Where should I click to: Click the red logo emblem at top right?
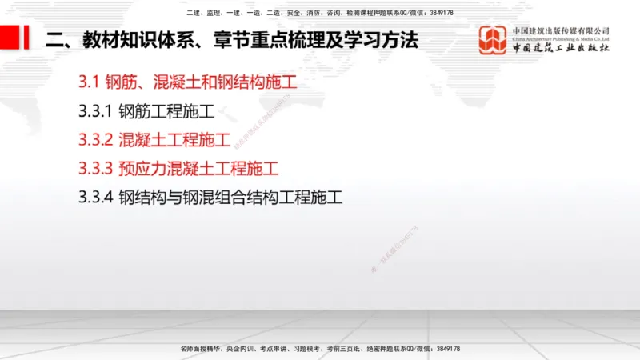point(493,40)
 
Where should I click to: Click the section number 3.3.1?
point(95,110)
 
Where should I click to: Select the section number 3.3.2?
point(95,139)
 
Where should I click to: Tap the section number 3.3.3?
point(95,169)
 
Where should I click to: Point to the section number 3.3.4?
point(95,198)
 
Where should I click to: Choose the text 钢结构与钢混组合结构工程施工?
point(230,198)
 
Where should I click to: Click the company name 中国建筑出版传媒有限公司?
point(561,30)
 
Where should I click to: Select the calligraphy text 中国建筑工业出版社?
point(561,48)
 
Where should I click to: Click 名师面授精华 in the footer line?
point(200,349)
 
